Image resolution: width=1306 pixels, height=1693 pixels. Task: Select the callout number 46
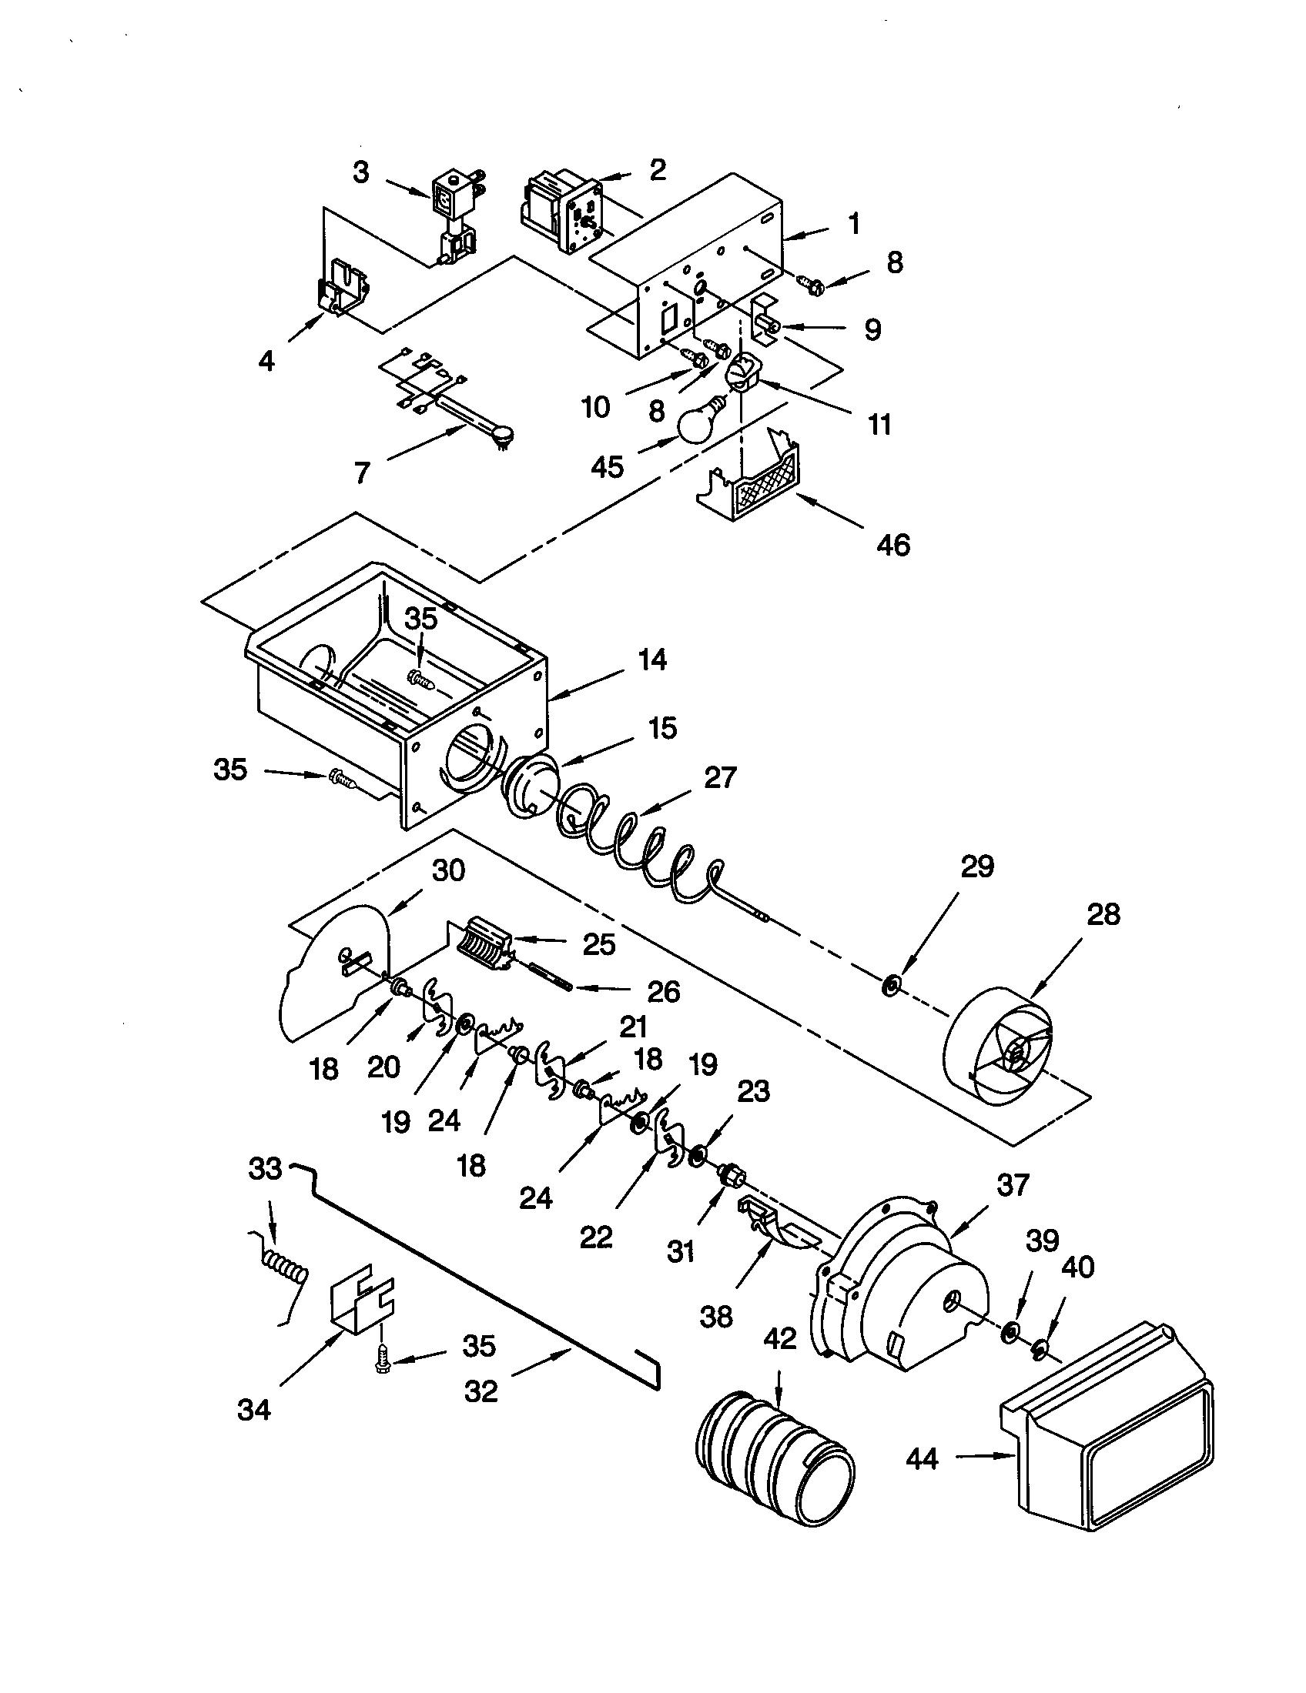[x=892, y=545]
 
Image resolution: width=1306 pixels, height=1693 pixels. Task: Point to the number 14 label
[x=652, y=660]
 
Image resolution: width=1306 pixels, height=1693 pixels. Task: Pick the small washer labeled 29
[x=889, y=987]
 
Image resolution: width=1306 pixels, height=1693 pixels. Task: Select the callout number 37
[x=1013, y=1184]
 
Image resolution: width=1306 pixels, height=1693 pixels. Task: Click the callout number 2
[x=658, y=170]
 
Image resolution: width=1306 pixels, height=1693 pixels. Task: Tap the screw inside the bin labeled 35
[x=420, y=679]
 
